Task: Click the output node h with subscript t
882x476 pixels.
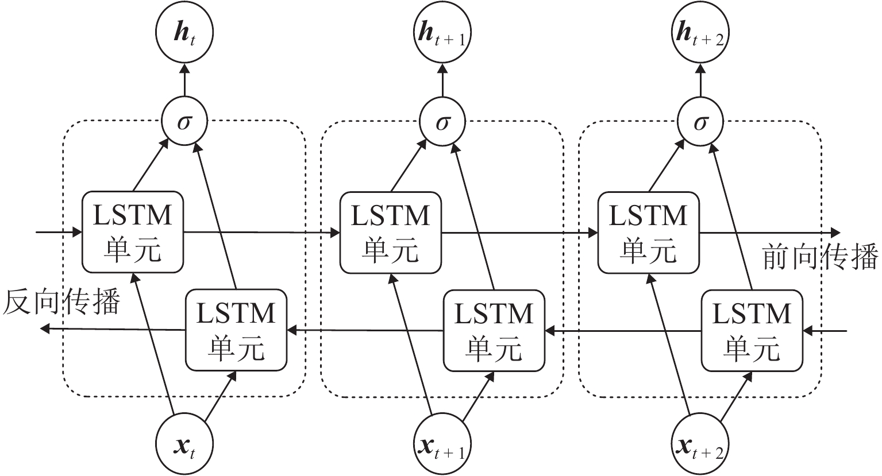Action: coord(184,34)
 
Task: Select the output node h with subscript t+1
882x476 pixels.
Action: coord(442,34)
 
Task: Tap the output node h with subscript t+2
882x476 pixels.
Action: coord(700,34)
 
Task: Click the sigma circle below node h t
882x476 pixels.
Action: coord(184,123)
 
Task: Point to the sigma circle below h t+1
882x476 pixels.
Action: coord(442,123)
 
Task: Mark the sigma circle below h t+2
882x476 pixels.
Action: coord(700,123)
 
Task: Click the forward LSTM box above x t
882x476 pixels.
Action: coord(133,233)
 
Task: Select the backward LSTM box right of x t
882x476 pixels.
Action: coord(236,330)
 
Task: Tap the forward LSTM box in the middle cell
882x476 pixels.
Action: coord(391,233)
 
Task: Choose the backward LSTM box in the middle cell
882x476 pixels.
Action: coord(494,330)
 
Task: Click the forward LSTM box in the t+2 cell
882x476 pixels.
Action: coord(649,233)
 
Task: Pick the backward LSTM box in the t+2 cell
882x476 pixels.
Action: coord(752,330)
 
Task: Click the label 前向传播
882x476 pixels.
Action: coord(820,256)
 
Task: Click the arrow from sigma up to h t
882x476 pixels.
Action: coord(184,80)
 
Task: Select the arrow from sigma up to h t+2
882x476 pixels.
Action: coord(700,80)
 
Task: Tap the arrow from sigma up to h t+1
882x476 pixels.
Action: coord(442,80)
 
